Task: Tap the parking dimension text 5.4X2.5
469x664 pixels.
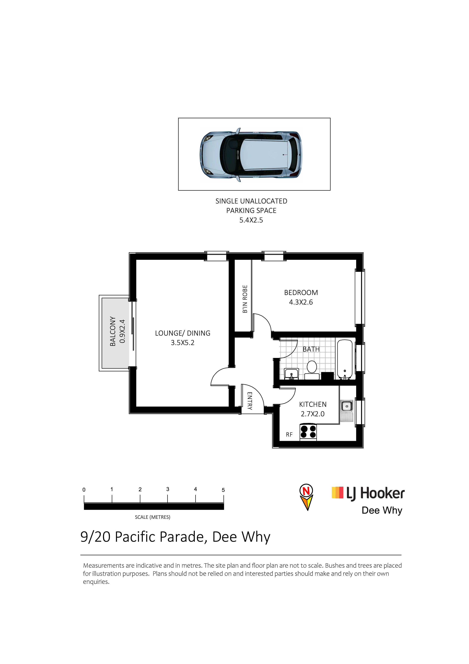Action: (251, 220)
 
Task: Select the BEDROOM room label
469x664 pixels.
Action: (301, 293)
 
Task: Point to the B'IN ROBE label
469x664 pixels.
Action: (245, 299)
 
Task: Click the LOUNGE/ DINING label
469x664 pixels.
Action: (183, 333)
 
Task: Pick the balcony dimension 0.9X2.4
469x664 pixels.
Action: (122, 331)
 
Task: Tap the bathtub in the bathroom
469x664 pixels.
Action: (345, 359)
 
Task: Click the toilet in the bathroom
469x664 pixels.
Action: (312, 370)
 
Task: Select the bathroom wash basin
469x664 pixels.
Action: (292, 374)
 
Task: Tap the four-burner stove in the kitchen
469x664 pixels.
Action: (308, 432)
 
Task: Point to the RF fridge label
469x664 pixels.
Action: (289, 435)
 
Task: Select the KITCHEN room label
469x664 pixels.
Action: (313, 404)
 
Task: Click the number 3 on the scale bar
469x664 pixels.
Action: (168, 489)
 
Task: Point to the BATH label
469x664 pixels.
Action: (311, 349)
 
